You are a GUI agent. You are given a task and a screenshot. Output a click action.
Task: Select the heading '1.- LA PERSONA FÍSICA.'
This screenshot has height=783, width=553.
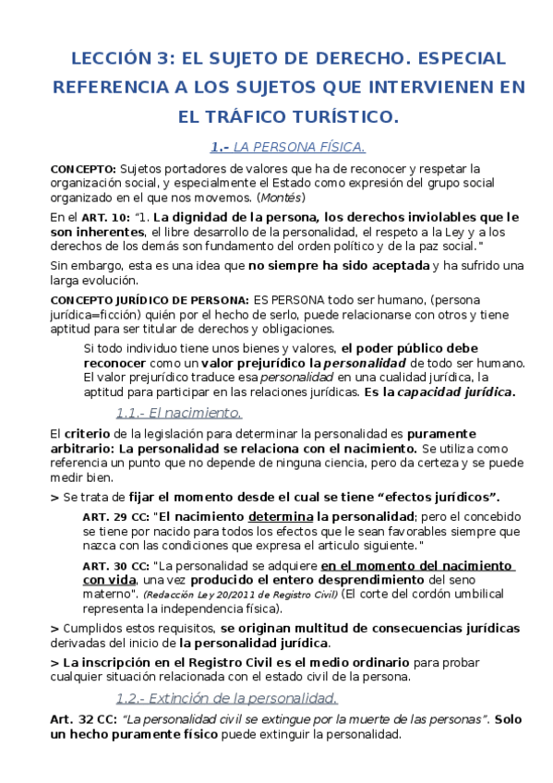pyautogui.click(x=288, y=147)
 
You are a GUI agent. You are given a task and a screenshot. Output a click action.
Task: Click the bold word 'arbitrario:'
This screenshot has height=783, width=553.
pyautogui.click(x=84, y=448)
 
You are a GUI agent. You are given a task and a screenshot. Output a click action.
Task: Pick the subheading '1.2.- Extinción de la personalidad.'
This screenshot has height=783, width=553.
pyautogui.click(x=226, y=697)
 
